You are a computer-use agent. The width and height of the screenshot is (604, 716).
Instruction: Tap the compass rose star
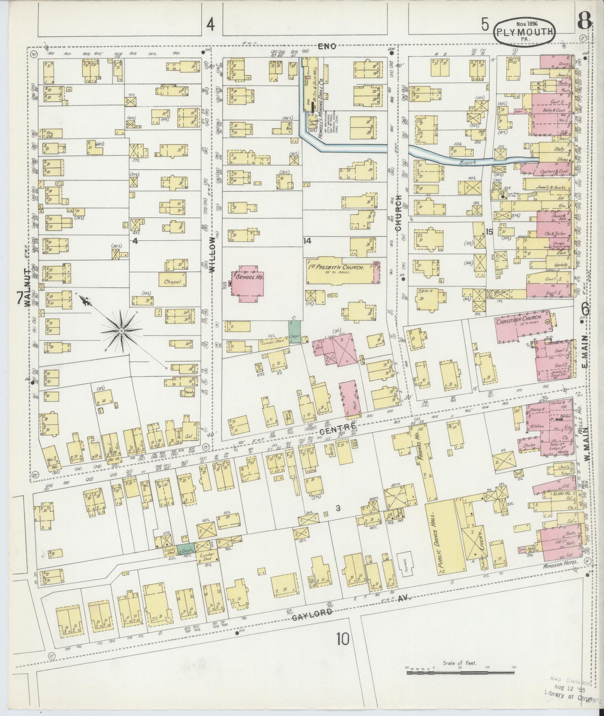click(121, 330)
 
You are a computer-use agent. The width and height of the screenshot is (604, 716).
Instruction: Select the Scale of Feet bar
click(460, 673)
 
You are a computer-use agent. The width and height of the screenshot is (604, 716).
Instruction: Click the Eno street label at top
click(327, 47)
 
